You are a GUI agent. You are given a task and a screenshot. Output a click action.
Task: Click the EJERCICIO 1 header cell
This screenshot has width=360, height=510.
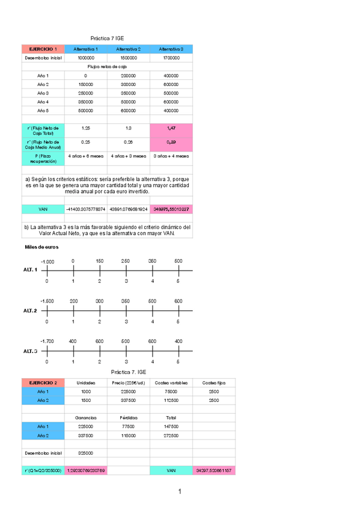click(43, 49)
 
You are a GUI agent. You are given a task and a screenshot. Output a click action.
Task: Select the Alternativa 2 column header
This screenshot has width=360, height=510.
click(129, 49)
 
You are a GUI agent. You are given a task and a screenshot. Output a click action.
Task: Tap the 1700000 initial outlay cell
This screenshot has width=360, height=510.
click(171, 58)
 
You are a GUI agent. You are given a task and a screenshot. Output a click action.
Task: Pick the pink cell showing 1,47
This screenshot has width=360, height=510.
click(171, 129)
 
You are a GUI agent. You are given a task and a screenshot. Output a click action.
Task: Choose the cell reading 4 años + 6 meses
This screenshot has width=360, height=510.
click(85, 156)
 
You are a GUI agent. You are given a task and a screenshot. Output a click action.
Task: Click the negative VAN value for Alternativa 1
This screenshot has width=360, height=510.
click(85, 209)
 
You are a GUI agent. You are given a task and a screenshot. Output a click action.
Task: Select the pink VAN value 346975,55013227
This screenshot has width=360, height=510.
click(171, 209)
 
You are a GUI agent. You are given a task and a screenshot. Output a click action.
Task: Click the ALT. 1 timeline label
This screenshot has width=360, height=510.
click(31, 271)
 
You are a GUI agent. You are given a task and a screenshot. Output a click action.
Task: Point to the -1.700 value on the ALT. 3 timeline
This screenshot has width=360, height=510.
click(47, 341)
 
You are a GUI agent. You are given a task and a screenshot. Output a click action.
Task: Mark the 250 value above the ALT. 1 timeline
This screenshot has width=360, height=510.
click(126, 261)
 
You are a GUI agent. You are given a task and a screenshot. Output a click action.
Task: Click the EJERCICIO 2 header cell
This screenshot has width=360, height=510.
click(43, 382)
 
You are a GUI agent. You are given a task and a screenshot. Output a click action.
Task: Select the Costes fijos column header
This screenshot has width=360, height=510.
click(214, 382)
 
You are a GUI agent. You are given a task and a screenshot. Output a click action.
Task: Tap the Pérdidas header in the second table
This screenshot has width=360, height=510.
click(129, 417)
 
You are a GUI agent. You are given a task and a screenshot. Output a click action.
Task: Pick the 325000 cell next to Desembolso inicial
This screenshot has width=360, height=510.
click(86, 452)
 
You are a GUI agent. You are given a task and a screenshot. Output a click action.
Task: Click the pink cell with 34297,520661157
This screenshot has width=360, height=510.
click(214, 470)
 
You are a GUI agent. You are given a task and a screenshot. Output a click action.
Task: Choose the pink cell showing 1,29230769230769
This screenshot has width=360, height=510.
click(86, 470)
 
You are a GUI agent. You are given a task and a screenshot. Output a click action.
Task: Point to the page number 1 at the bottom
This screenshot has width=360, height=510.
click(179, 493)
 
